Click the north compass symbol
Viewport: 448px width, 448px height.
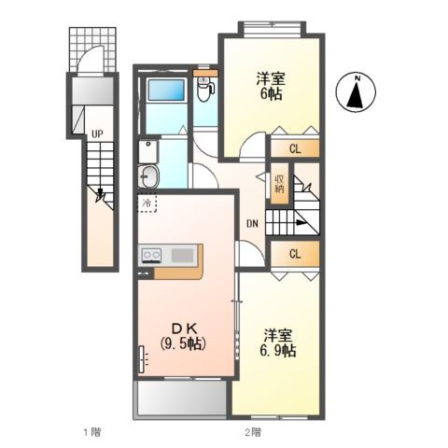pyautogui.click(x=356, y=92)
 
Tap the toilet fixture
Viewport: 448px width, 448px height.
pyautogui.click(x=205, y=90)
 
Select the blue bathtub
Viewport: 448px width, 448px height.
pyautogui.click(x=166, y=91)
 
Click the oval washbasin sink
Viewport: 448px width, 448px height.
pyautogui.click(x=148, y=176)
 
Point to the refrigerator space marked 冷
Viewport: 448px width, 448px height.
pyautogui.click(x=147, y=203)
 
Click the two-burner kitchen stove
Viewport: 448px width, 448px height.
pyautogui.click(x=151, y=256)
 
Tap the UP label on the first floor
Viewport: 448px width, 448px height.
pyautogui.click(x=97, y=134)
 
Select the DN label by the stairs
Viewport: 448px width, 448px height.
pyautogui.click(x=252, y=223)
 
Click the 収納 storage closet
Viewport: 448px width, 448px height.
pyautogui.click(x=279, y=183)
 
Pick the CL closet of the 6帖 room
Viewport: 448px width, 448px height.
pyautogui.click(x=295, y=148)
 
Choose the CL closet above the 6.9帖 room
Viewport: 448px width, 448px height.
pyautogui.click(x=295, y=254)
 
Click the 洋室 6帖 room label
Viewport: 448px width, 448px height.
pyautogui.click(x=271, y=86)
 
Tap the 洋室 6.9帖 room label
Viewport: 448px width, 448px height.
pyautogui.click(x=278, y=343)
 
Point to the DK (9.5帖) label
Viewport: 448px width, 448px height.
pyautogui.click(x=184, y=336)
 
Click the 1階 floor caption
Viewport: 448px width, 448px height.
pyautogui.click(x=91, y=432)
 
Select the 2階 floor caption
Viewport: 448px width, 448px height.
pyautogui.click(x=253, y=432)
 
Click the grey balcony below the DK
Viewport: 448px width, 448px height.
pyautogui.click(x=180, y=399)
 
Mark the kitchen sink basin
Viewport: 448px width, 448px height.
pyautogui.click(x=182, y=256)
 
